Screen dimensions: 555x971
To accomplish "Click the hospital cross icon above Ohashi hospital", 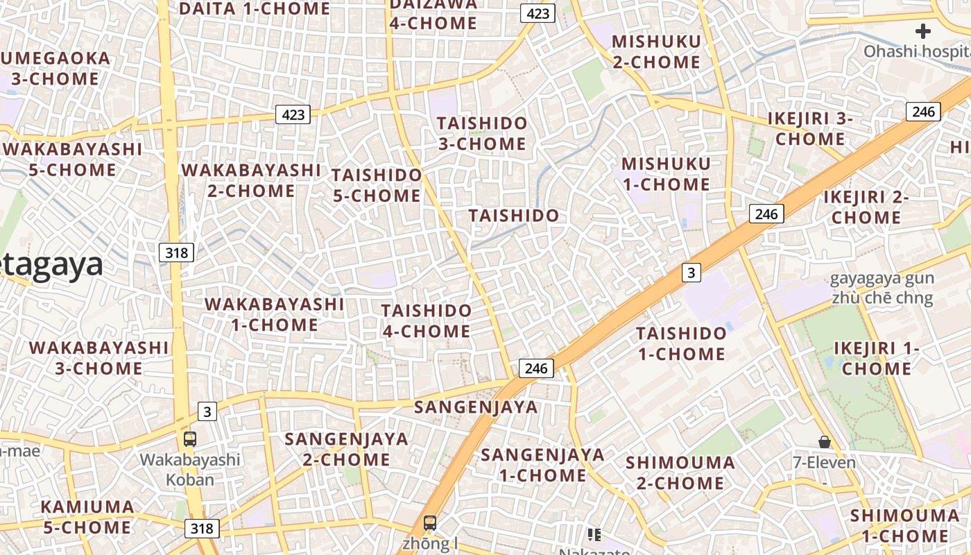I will (922, 31).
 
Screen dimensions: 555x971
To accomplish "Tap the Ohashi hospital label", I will (916, 51).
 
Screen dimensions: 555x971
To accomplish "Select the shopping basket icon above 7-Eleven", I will (825, 442).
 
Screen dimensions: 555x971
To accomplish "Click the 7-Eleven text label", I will (825, 463).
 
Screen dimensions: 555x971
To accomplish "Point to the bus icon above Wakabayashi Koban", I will (189, 438).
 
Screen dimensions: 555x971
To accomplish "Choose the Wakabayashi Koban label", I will (190, 470).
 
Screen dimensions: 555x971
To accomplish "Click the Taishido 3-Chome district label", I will (482, 134).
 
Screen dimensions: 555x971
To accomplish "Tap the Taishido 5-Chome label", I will (377, 185).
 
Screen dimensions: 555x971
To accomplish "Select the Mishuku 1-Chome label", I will (666, 174).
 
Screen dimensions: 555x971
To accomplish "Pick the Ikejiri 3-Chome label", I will (810, 129).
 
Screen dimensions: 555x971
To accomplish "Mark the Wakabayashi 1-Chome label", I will (275, 314).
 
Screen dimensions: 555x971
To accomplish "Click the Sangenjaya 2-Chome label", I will (347, 449).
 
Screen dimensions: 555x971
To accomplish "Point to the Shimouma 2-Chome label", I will (680, 472).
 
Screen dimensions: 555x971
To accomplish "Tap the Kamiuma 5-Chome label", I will (87, 517).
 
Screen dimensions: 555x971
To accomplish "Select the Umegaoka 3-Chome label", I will (55, 69).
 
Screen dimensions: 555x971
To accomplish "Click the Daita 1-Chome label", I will (255, 9).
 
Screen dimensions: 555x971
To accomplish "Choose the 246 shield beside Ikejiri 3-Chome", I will (923, 111).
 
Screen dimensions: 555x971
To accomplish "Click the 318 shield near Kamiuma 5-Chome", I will (202, 529).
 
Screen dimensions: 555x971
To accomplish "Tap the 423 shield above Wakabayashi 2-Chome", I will (293, 114).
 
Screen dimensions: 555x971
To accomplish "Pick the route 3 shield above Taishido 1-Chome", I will (690, 273).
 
